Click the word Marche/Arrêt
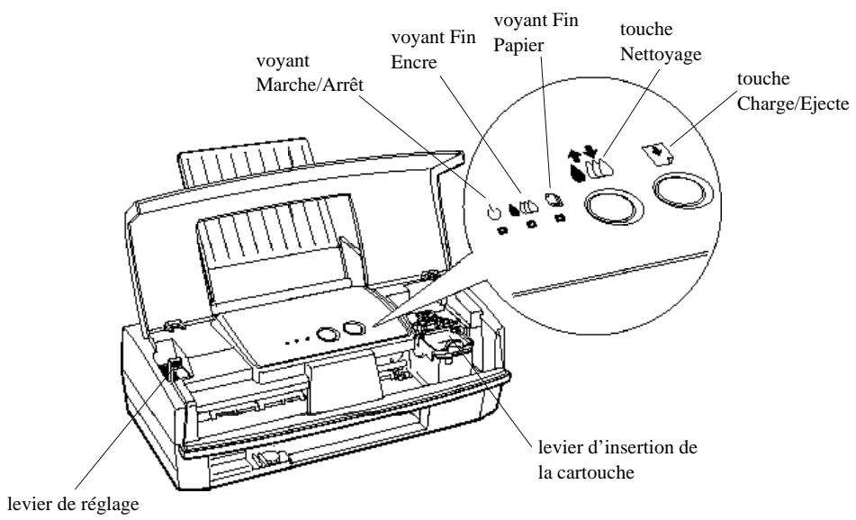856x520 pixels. coord(310,85)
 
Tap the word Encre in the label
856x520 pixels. coord(414,62)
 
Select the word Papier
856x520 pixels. coord(518,46)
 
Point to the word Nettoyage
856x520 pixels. coord(661,55)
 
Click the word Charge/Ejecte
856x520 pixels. coord(793,103)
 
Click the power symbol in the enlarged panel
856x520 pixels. coord(493,211)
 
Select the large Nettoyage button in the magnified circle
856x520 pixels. coord(614,207)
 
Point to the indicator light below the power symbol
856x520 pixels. coord(502,230)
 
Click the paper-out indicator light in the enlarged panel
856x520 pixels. coord(558,219)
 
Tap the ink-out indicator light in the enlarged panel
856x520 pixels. coord(531,224)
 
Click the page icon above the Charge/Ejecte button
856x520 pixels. coord(657,154)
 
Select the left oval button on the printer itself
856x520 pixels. coord(329,334)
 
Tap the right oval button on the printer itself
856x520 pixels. coord(354,327)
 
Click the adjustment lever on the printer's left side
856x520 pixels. coord(175,370)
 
